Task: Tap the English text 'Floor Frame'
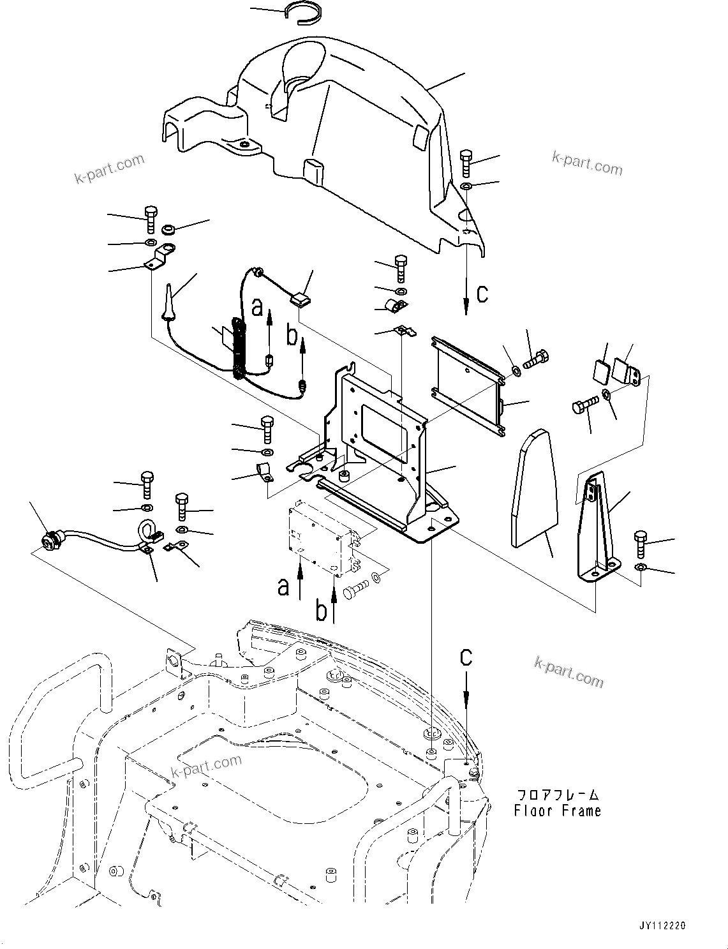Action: (557, 811)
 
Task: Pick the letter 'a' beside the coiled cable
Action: (257, 308)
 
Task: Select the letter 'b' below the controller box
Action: (322, 610)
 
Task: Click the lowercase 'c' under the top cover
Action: (482, 294)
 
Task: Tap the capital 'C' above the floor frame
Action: (467, 657)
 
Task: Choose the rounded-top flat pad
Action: (535, 488)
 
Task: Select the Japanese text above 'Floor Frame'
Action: (557, 795)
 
